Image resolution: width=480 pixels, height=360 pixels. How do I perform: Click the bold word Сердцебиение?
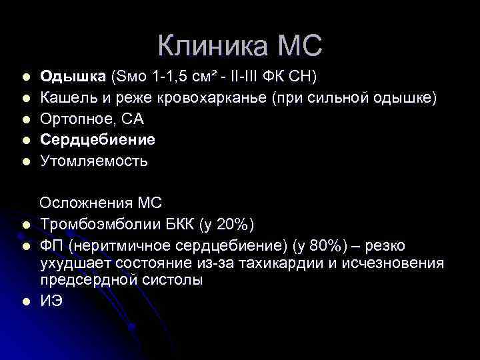97,140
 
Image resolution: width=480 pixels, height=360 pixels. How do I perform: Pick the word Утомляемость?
94,161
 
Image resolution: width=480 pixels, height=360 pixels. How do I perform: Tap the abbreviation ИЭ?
51,301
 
